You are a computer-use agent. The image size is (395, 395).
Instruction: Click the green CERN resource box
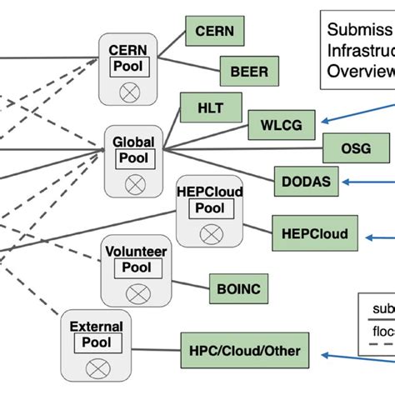pyautogui.click(x=214, y=32)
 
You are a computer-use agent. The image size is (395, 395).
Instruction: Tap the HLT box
pyautogui.click(x=209, y=107)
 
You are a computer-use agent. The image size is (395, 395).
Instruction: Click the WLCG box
pyautogui.click(x=282, y=127)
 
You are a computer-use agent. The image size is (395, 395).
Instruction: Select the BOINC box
pyautogui.click(x=239, y=287)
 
